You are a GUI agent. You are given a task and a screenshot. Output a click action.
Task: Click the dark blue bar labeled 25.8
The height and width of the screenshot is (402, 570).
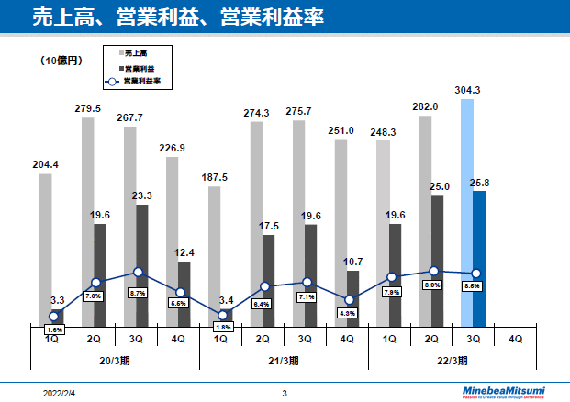(480, 259)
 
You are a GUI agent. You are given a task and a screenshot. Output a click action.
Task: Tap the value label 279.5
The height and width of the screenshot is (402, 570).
(87, 108)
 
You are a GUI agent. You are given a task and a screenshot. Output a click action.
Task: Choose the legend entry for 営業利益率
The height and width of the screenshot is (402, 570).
(142, 81)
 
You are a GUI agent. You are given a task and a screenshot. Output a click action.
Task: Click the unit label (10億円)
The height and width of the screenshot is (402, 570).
(61, 61)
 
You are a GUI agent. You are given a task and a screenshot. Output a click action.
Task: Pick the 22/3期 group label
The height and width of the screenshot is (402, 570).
(451, 360)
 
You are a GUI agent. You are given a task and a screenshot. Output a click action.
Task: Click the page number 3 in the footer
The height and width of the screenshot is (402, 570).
(285, 393)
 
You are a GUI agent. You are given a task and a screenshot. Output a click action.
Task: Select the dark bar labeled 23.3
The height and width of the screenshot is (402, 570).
(142, 265)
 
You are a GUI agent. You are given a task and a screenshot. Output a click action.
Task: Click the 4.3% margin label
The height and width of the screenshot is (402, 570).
(348, 313)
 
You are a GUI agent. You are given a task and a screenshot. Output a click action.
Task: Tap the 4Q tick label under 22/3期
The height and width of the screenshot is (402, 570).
(515, 338)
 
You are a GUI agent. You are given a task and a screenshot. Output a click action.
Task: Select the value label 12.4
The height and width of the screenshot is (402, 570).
(184, 252)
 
